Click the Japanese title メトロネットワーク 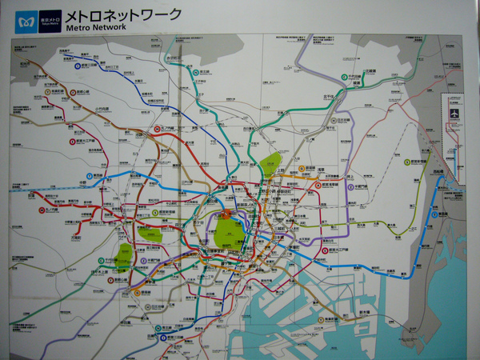123,14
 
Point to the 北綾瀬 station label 370,71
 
